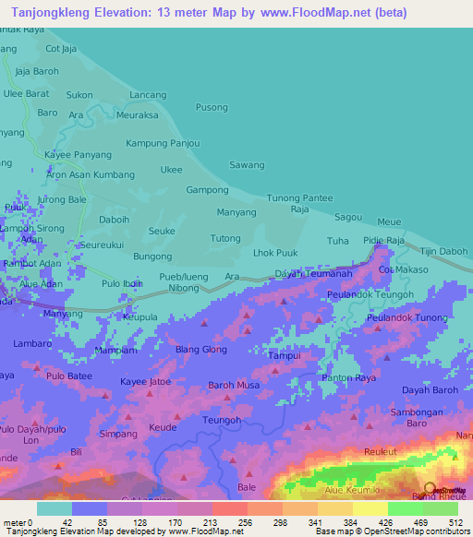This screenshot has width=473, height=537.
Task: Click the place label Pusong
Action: (212, 108)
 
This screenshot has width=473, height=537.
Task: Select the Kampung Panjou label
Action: (163, 143)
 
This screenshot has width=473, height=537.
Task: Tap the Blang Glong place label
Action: (201, 350)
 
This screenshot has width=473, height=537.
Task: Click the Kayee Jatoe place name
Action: (145, 381)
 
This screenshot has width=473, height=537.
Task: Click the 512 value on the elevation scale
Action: (454, 522)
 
